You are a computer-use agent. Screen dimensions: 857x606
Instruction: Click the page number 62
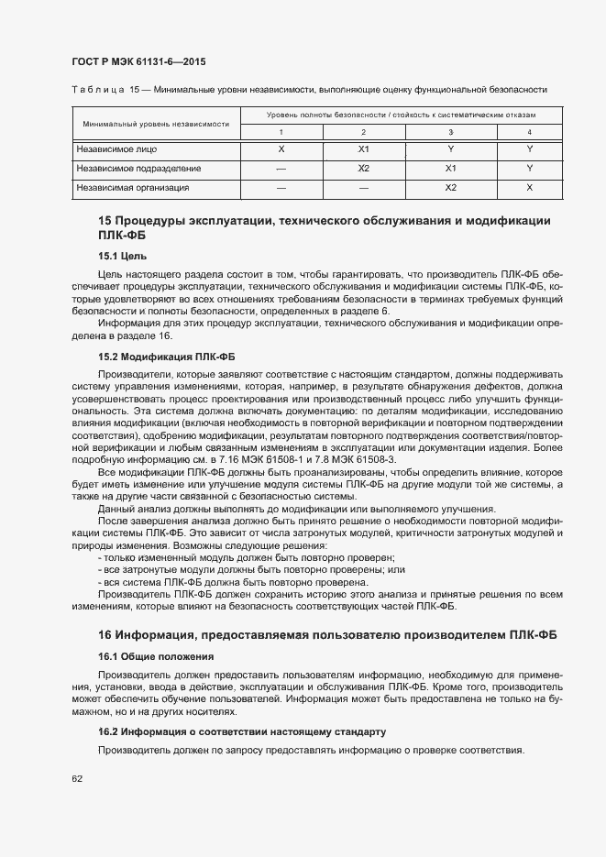77,779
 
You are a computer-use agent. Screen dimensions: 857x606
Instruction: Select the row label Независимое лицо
116,148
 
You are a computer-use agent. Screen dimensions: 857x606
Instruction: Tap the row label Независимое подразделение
138,169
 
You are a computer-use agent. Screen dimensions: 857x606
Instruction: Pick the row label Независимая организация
133,188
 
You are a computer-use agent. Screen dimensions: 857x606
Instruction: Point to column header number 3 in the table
450,133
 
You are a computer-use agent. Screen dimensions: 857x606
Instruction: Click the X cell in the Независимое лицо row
281,148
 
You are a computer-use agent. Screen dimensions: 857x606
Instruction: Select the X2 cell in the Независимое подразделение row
363,169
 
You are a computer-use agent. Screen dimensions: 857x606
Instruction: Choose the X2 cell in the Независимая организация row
450,188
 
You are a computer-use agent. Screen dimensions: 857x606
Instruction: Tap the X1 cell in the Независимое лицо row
363,148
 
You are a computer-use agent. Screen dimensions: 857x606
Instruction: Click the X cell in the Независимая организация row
529,188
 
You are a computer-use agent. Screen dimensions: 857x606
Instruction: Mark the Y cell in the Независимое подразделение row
529,169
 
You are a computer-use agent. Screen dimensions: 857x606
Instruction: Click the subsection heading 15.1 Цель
122,256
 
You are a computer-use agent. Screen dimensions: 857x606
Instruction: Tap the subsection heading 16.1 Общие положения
156,656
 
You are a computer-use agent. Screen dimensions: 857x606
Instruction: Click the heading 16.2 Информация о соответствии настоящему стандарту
242,731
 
